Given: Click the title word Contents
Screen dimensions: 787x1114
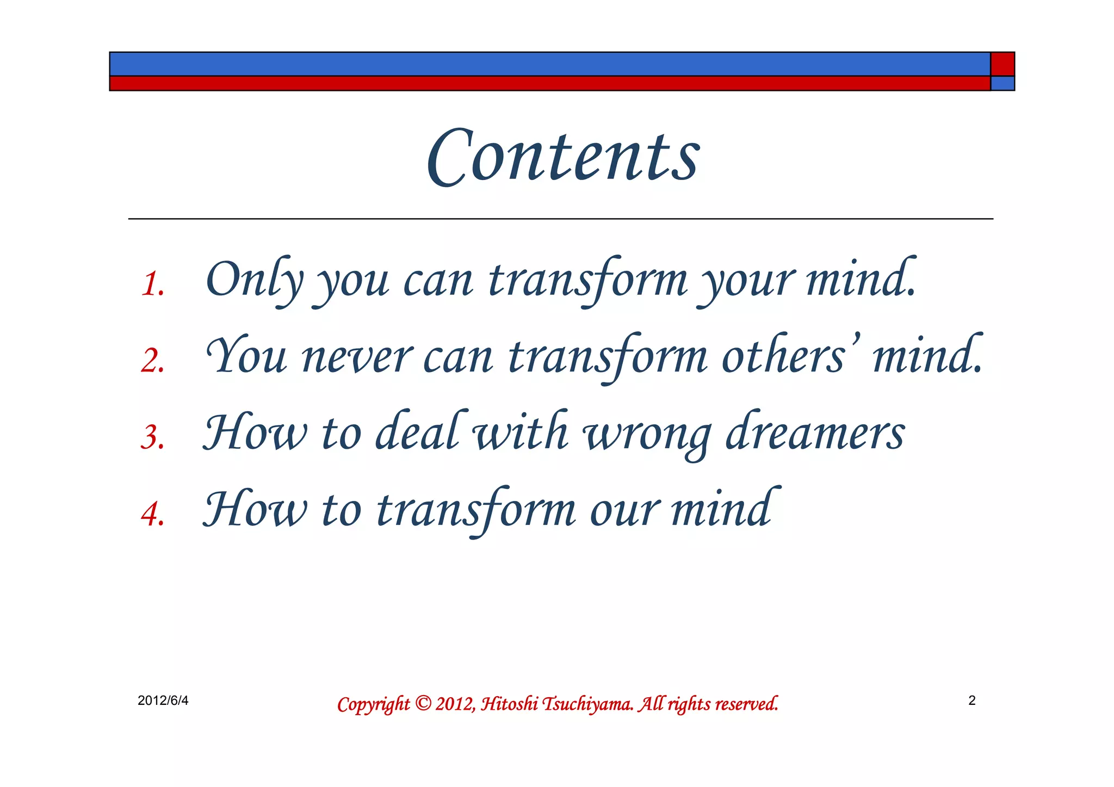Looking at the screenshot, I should pyautogui.click(x=564, y=157).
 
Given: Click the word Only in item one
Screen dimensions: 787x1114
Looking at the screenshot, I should pyautogui.click(x=253, y=280).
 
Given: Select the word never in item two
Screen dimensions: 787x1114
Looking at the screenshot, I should pyautogui.click(x=357, y=358).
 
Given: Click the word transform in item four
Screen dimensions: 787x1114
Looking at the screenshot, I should pyautogui.click(x=476, y=510).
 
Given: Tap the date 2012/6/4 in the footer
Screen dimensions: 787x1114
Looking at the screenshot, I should pyautogui.click(x=163, y=701).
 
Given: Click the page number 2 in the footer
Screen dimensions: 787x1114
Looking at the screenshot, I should pyautogui.click(x=972, y=701).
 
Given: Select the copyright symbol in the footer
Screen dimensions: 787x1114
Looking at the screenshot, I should pyautogui.click(x=423, y=703).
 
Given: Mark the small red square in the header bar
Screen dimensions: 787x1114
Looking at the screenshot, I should pyautogui.click(x=1002, y=64).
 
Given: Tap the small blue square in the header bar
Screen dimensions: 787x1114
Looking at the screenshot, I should pyautogui.click(x=1002, y=83).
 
